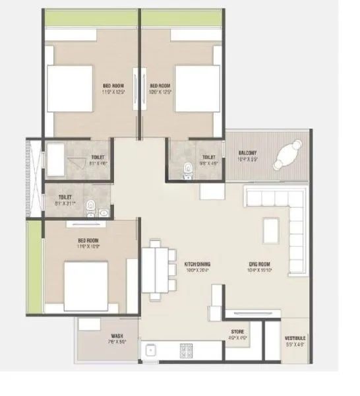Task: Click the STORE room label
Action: tap(238, 332)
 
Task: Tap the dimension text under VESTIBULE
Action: tap(293, 344)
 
